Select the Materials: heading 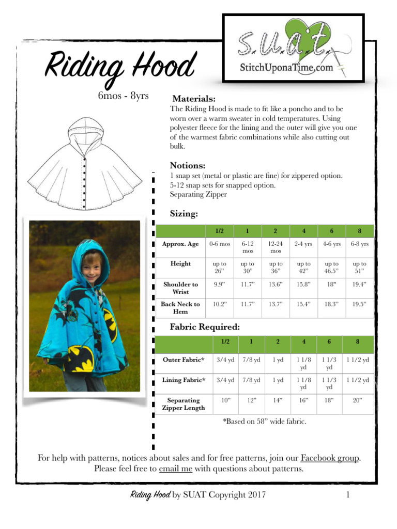[x=193, y=99]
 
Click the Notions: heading [x=188, y=166]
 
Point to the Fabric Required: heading [x=205, y=327]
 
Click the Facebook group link [x=330, y=458]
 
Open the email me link [x=176, y=469]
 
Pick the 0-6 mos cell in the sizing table [x=219, y=244]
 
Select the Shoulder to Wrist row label [x=180, y=288]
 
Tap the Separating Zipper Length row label [x=183, y=404]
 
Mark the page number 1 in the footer [x=348, y=495]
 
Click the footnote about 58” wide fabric [x=265, y=422]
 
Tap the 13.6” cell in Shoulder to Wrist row [x=275, y=284]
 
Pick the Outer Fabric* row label [x=184, y=360]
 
